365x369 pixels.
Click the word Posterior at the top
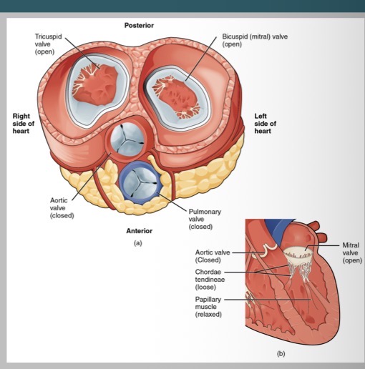pos(138,26)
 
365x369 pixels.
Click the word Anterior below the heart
pos(138,231)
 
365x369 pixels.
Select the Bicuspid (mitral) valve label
pos(255,39)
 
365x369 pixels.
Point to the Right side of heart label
pos(25,122)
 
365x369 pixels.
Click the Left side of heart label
pos(264,122)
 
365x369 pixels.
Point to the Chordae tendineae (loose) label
pos(213,279)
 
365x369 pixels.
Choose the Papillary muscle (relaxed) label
pos(211,307)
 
